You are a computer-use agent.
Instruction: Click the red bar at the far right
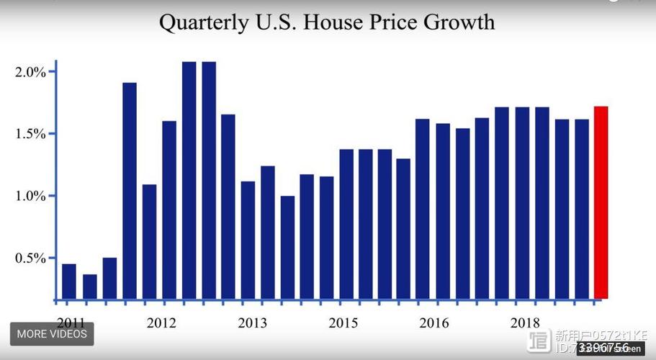click(x=601, y=202)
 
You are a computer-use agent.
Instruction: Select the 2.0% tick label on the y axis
click(x=30, y=72)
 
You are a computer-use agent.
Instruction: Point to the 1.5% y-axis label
click(x=30, y=134)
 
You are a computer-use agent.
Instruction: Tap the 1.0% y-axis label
click(x=30, y=196)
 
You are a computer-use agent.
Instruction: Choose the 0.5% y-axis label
click(x=30, y=258)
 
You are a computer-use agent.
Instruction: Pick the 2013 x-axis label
click(x=253, y=323)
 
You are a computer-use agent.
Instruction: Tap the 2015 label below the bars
click(x=343, y=323)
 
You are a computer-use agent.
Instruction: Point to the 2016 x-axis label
click(x=434, y=323)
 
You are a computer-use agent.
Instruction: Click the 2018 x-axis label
click(x=525, y=323)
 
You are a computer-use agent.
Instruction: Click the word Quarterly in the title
click(x=202, y=23)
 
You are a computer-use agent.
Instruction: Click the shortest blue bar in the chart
click(x=90, y=286)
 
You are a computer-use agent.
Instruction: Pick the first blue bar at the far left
click(x=69, y=281)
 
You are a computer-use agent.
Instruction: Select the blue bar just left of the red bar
click(x=581, y=209)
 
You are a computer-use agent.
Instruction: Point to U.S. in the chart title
click(x=276, y=22)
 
